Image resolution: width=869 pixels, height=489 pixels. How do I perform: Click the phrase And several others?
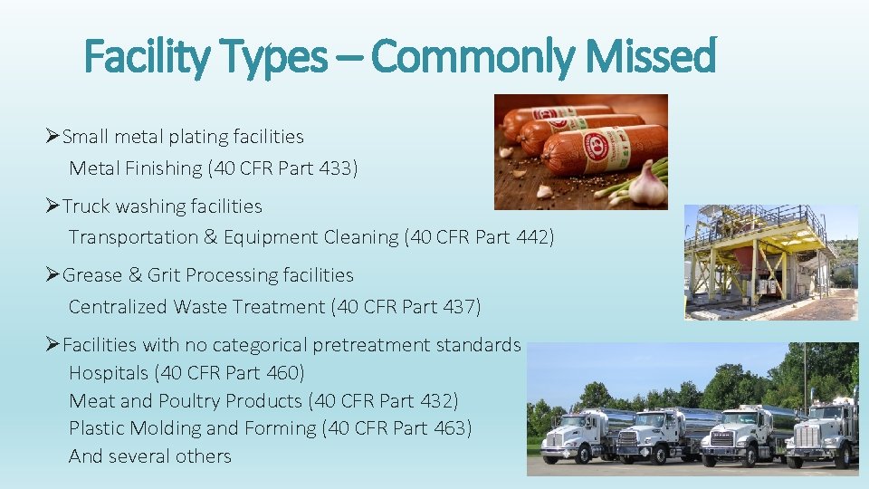(x=150, y=456)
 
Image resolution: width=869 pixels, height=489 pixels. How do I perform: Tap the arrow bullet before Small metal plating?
(x=53, y=137)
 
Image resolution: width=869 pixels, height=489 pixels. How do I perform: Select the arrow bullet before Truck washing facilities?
(x=53, y=206)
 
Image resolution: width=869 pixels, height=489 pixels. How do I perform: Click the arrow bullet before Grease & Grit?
(x=53, y=275)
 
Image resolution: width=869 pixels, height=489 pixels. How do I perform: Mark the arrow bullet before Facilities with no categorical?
(x=53, y=345)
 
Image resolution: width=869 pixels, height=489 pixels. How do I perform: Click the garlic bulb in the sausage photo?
(x=647, y=184)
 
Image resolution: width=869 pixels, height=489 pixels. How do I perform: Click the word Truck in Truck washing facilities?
(x=85, y=206)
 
